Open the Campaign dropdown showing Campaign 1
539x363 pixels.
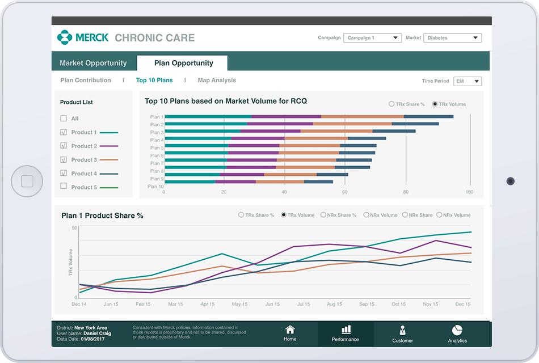pyautogui.click(x=372, y=38)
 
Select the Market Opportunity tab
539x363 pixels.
pyautogui.click(x=93, y=63)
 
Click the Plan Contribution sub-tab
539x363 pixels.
pyautogui.click(x=86, y=81)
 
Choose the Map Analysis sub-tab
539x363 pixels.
pyautogui.click(x=217, y=81)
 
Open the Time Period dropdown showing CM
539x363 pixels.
pyautogui.click(x=468, y=81)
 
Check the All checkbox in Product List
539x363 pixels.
pyautogui.click(x=64, y=119)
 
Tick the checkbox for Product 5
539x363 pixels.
pyautogui.click(x=64, y=187)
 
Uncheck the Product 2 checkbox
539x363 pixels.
pyautogui.click(x=64, y=146)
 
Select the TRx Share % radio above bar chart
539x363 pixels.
pyautogui.click(x=391, y=104)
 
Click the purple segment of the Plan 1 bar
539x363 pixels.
pyautogui.click(x=286, y=117)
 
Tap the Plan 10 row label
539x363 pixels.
pyautogui.click(x=155, y=187)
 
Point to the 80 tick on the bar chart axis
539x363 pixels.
pyautogui.click(x=406, y=192)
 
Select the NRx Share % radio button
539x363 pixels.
pyautogui.click(x=323, y=216)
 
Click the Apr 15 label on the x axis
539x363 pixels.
pyautogui.click(x=207, y=305)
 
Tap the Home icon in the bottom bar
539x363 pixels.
pyautogui.click(x=290, y=330)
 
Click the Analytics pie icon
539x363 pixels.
pyautogui.click(x=457, y=330)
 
